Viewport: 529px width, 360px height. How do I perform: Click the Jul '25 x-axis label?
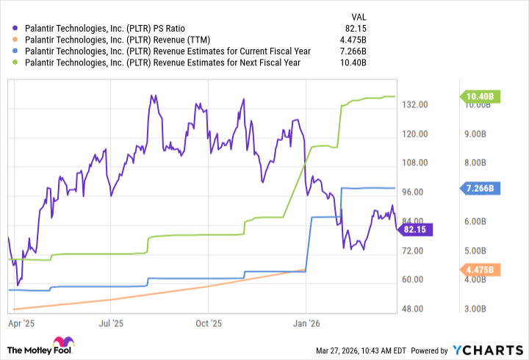[110, 322]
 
